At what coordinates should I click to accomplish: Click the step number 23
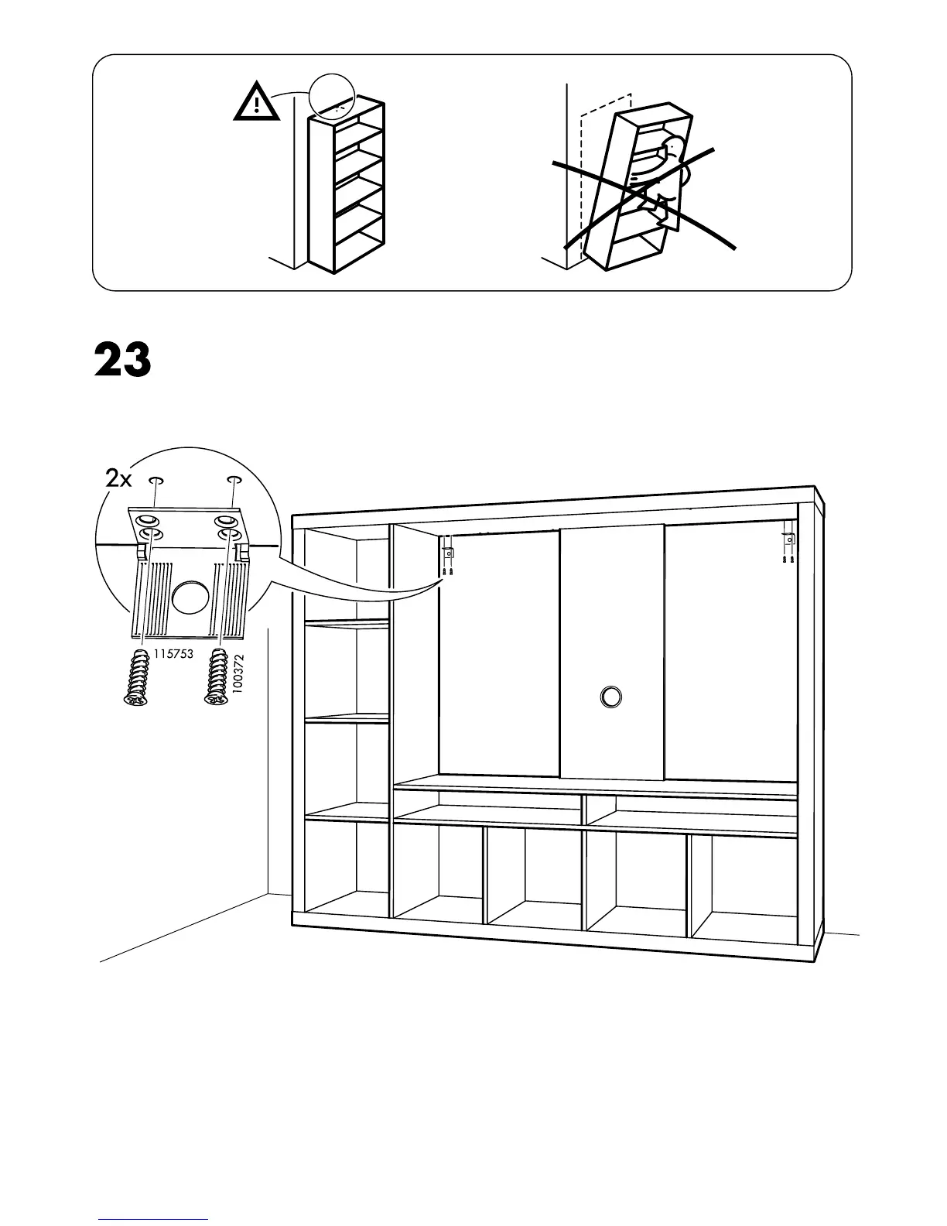tap(122, 361)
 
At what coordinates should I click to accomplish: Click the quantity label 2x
tap(118, 479)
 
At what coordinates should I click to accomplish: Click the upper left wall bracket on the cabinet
tap(447, 555)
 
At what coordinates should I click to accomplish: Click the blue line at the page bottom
tap(153, 1219)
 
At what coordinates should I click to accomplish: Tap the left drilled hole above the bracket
tap(156, 481)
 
